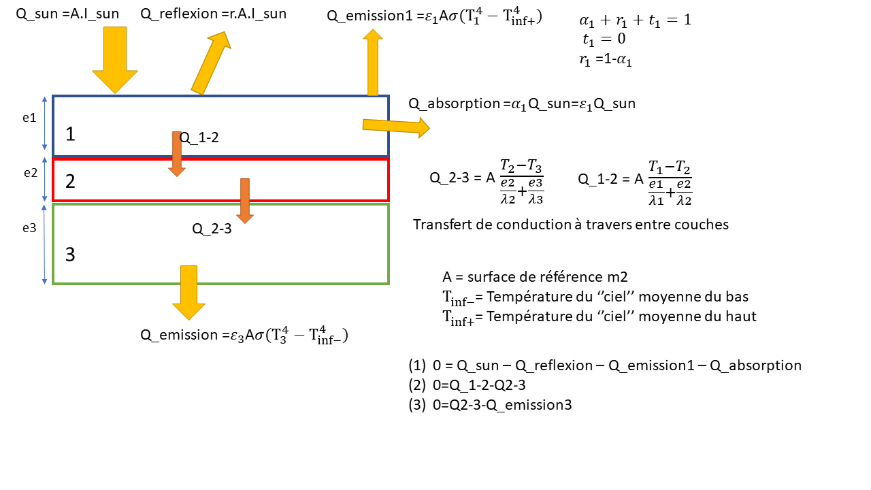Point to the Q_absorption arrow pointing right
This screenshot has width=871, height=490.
click(395, 126)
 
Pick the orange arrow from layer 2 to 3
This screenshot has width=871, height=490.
click(245, 200)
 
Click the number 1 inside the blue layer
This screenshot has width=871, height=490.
click(70, 134)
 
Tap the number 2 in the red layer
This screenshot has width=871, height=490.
click(70, 181)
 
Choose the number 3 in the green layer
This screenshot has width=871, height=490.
click(70, 255)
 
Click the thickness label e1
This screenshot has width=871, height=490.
click(29, 118)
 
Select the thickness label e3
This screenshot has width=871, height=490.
click(29, 228)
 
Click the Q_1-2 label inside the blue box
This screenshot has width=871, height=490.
click(199, 137)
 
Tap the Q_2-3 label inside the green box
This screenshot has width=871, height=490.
click(212, 229)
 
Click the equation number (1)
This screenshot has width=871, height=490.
click(417, 365)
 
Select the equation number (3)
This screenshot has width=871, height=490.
click(417, 405)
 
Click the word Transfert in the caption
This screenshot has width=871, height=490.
click(442, 225)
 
